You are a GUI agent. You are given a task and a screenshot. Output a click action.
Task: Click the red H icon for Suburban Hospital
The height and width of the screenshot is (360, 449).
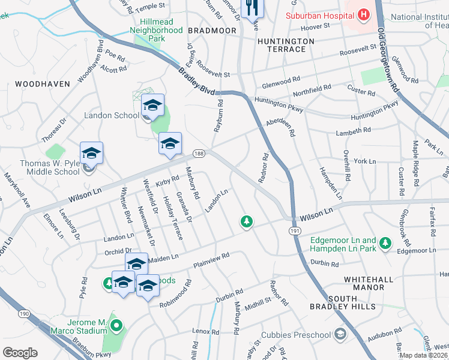point(364,14)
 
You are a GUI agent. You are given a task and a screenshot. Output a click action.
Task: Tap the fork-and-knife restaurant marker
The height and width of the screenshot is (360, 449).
point(251,7)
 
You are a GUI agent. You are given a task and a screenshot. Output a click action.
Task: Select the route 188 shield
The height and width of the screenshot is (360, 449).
point(199,154)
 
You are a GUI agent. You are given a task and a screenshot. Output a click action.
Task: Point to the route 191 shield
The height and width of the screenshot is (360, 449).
point(294,230)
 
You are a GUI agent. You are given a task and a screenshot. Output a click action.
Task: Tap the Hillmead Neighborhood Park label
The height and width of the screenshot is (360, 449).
point(157,29)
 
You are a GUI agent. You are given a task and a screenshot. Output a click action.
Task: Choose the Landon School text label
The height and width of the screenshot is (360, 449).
point(111,115)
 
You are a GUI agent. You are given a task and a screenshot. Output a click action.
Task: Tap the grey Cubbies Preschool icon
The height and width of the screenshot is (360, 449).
point(340,334)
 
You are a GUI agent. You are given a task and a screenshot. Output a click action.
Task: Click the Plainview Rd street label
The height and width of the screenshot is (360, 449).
point(211,260)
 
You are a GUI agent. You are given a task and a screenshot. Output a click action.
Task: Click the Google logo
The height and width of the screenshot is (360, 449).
point(20,353)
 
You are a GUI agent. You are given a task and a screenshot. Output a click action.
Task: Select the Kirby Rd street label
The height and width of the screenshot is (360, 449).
point(167,179)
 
